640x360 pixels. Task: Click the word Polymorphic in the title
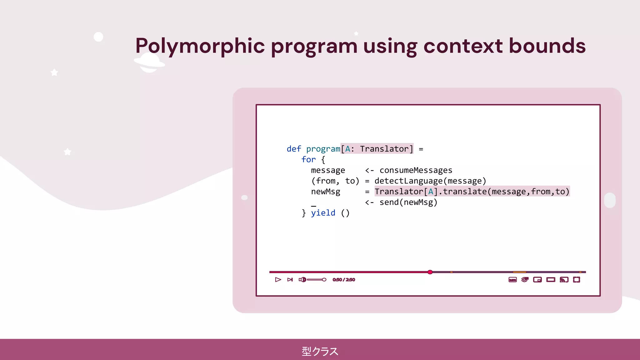click(200, 46)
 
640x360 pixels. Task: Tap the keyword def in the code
click(294, 149)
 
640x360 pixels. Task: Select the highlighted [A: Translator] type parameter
click(377, 149)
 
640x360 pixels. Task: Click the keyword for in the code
click(308, 160)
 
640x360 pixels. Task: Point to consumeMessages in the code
click(416, 170)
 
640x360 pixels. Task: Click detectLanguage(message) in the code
click(430, 181)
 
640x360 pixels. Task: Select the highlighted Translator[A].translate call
click(472, 192)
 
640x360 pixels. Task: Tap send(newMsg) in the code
click(408, 202)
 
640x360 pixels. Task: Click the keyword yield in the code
click(323, 213)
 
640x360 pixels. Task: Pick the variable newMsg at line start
click(325, 192)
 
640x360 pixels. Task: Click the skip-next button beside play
click(290, 280)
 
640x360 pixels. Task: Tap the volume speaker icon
click(302, 280)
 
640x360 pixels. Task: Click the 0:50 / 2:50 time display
click(344, 280)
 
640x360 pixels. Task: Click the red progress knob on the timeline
click(430, 272)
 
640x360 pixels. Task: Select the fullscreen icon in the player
click(577, 280)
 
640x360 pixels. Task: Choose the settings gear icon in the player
click(525, 280)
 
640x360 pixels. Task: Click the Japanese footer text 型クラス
click(320, 351)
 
